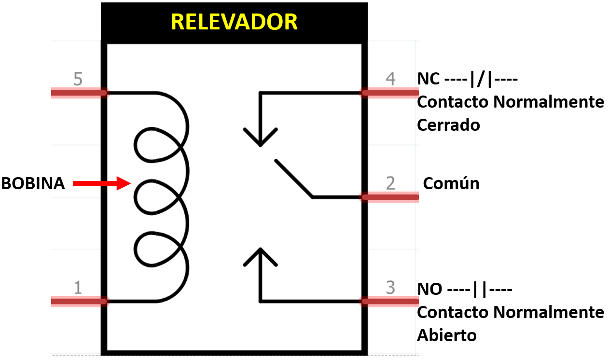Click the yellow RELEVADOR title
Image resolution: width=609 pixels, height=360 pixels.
(x=234, y=22)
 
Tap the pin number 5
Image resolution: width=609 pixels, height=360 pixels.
(x=78, y=78)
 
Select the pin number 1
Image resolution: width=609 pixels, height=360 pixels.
(x=78, y=288)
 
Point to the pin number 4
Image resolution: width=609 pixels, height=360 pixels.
(x=390, y=78)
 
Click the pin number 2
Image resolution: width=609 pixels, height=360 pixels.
(x=390, y=183)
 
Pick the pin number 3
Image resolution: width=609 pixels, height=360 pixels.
(x=390, y=288)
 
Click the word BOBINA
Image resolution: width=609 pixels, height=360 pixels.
(x=33, y=184)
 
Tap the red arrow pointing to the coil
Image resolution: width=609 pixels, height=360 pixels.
(x=101, y=183)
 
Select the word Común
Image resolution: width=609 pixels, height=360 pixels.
(x=451, y=183)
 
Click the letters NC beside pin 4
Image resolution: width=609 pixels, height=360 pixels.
(x=429, y=79)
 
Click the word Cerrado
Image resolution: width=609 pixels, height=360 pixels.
(x=448, y=125)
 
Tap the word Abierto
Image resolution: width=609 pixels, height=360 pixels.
(x=447, y=335)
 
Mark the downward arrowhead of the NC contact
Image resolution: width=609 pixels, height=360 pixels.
(x=261, y=138)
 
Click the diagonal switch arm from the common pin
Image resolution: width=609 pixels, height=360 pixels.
(x=293, y=178)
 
